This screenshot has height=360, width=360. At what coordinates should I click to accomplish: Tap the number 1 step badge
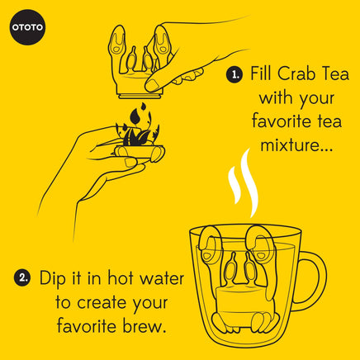(234, 75)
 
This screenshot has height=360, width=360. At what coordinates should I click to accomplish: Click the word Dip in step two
(52, 278)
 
